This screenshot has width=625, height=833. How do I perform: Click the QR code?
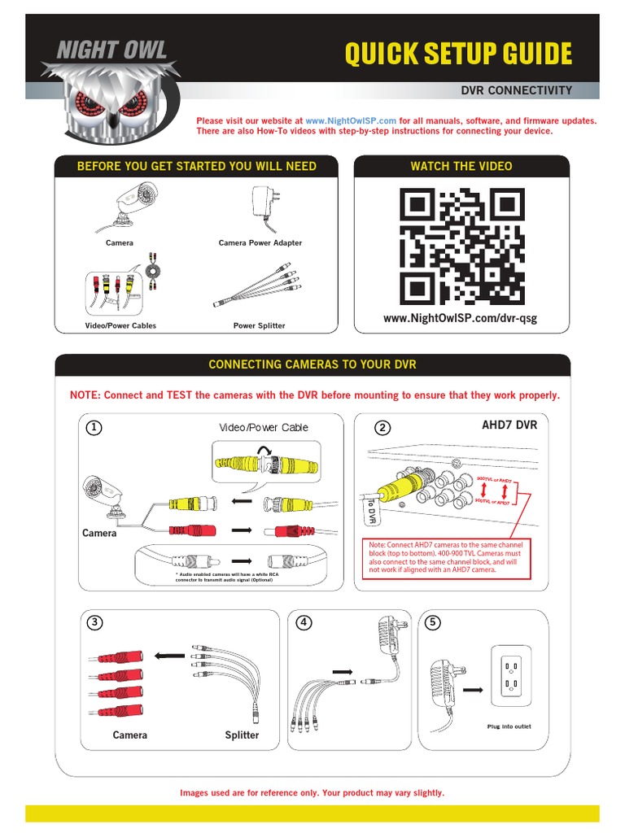(461, 246)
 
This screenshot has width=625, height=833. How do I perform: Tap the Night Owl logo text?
(111, 50)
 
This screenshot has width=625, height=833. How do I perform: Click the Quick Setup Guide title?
(458, 55)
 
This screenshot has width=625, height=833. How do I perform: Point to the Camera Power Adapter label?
(260, 243)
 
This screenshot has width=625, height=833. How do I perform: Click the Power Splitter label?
(259, 325)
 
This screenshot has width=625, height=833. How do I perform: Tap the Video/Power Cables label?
(120, 325)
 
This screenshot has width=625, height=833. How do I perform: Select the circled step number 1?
(95, 428)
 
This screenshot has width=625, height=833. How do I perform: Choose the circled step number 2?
(382, 428)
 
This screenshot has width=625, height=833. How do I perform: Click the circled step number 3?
(95, 623)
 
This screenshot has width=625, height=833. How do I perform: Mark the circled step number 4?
(304, 623)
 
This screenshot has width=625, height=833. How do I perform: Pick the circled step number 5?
(432, 623)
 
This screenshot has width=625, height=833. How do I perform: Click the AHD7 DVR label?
(509, 425)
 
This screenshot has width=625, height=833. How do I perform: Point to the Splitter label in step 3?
(242, 735)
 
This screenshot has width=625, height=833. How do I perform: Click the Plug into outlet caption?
(509, 726)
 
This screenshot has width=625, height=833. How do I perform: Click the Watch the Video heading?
(461, 166)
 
